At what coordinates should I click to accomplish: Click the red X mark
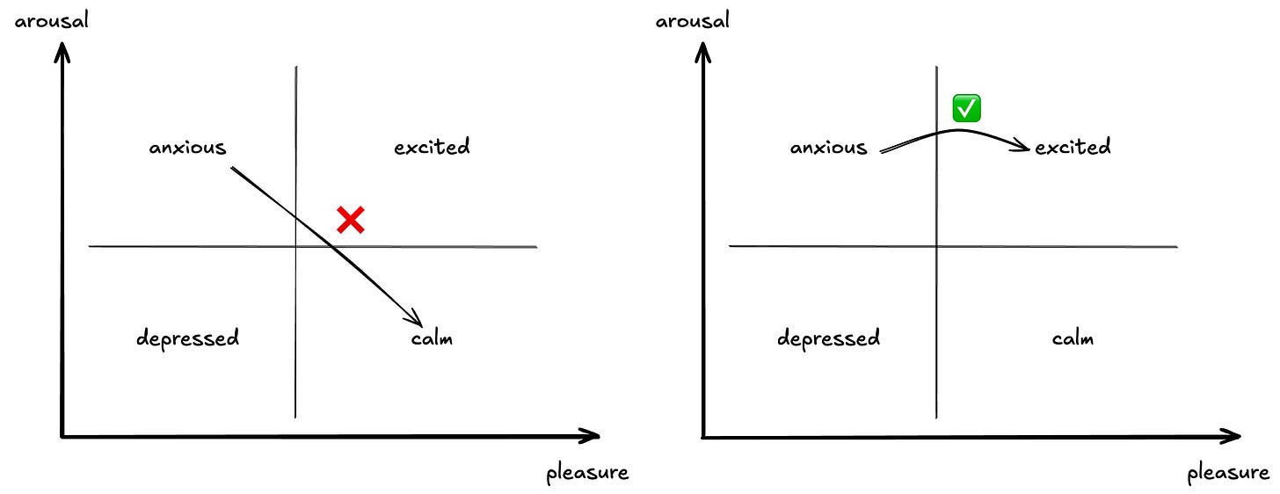[351, 220]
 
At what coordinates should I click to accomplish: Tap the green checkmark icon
[967, 109]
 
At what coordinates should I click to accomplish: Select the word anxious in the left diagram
[187, 148]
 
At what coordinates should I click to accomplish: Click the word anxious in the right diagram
[828, 148]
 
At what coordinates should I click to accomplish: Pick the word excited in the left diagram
[432, 147]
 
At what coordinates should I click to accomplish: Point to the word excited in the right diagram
[1073, 147]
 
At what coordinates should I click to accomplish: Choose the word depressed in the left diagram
[187, 338]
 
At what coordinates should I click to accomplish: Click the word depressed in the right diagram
[828, 338]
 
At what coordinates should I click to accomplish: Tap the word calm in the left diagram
[432, 338]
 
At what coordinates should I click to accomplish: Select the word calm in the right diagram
[1073, 338]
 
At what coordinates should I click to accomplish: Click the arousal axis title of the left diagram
[52, 19]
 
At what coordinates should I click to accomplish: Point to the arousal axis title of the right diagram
[693, 19]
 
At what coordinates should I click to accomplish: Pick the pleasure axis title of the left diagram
[587, 474]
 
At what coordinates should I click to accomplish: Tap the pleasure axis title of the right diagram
[1228, 474]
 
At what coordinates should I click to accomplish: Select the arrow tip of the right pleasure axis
[1238, 436]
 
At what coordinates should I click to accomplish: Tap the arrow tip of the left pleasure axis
[597, 436]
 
